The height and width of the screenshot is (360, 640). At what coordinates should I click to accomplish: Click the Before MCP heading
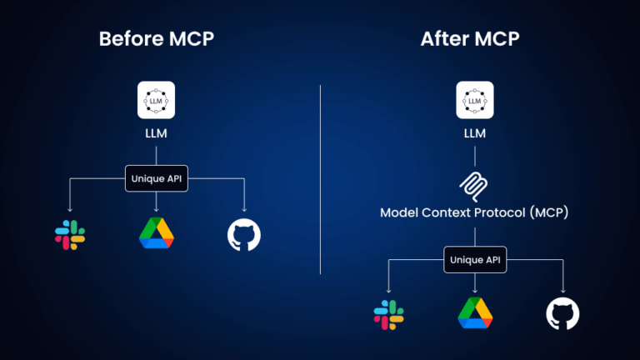click(156, 39)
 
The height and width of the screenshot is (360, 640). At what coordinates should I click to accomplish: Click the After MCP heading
click(474, 39)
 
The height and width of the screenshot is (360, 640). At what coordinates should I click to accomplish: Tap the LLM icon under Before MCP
click(156, 99)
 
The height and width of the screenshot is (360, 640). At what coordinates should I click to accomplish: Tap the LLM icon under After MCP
click(474, 99)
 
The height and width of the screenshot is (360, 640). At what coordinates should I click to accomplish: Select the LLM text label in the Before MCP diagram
click(156, 133)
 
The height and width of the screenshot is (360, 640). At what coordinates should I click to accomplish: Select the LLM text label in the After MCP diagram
click(474, 133)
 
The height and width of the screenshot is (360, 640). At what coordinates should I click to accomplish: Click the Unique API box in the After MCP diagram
click(474, 258)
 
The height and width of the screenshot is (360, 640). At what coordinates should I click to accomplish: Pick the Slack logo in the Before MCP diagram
click(70, 235)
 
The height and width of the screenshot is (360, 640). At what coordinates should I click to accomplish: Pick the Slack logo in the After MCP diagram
click(388, 313)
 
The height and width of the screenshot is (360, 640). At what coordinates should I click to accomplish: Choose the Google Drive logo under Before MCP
click(157, 233)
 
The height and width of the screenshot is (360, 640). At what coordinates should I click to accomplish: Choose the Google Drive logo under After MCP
click(475, 312)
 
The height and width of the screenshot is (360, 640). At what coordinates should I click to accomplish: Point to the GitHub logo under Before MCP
click(244, 235)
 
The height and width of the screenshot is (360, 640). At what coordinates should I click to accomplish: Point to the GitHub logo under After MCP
click(562, 313)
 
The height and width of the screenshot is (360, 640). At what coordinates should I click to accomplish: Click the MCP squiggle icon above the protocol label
click(474, 183)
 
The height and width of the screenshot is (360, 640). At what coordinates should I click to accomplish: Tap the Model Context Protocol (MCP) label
click(474, 212)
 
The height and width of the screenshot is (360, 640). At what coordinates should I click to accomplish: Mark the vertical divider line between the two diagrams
click(321, 179)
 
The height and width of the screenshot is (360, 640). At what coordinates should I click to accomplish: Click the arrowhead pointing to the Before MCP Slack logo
click(70, 209)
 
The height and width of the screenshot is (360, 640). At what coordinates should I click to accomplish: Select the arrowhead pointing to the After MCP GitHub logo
click(562, 288)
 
